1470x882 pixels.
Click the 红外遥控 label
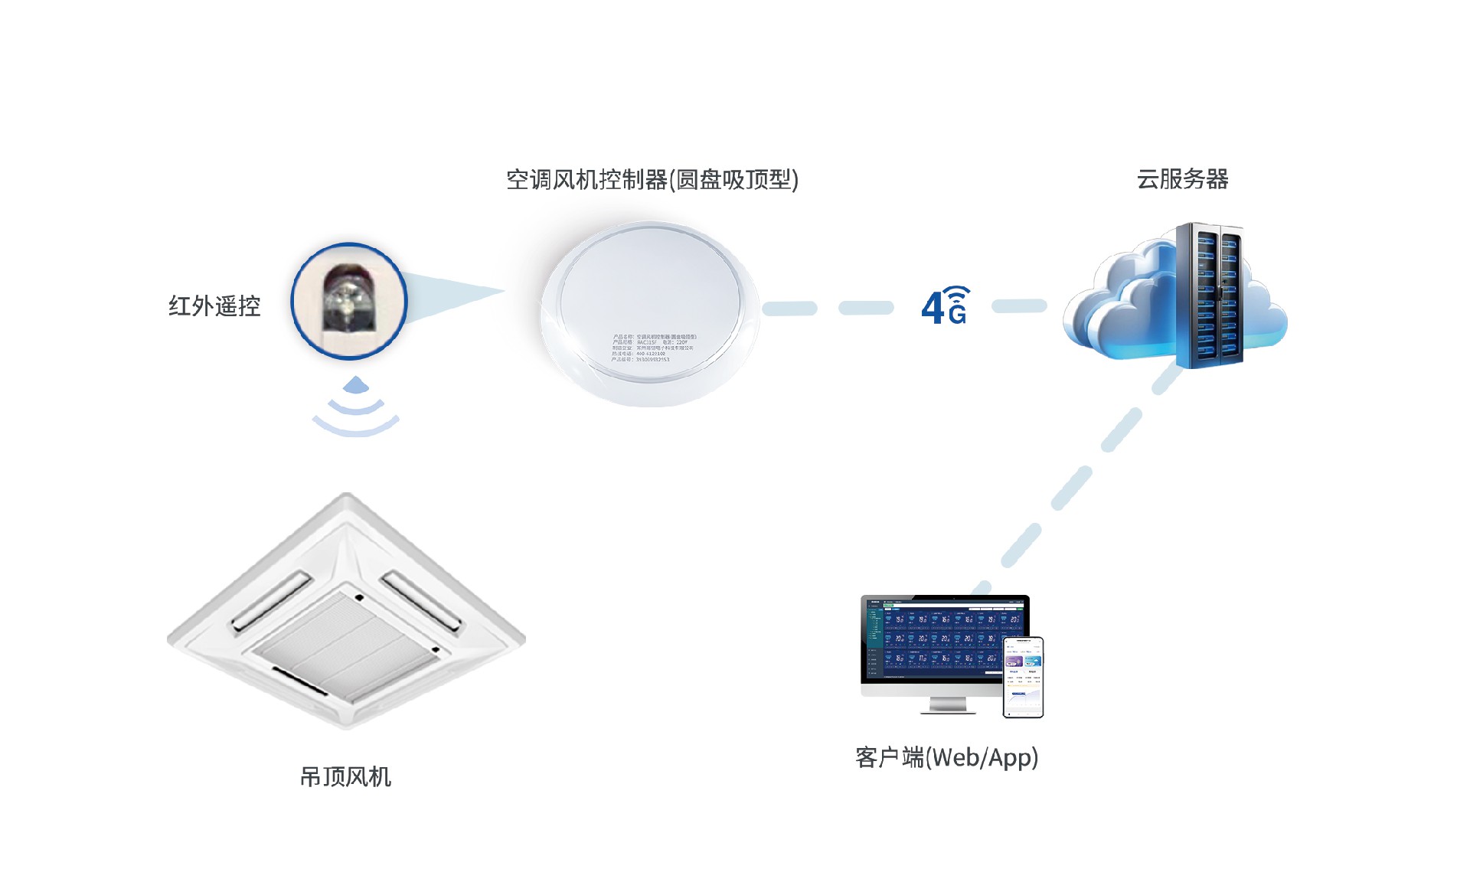tap(214, 306)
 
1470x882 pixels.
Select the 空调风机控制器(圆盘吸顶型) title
tap(652, 180)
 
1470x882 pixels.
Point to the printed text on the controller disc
tap(653, 348)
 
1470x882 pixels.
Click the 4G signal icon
tap(945, 306)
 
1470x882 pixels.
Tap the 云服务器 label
tap(1182, 179)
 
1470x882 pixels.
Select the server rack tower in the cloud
tap(1209, 295)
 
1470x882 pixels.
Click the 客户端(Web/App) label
tap(946, 757)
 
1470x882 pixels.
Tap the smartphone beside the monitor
tap(1023, 678)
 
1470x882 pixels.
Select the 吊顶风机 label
tap(345, 777)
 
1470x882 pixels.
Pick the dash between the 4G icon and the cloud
tap(1019, 306)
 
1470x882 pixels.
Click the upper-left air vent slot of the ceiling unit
tap(272, 601)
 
